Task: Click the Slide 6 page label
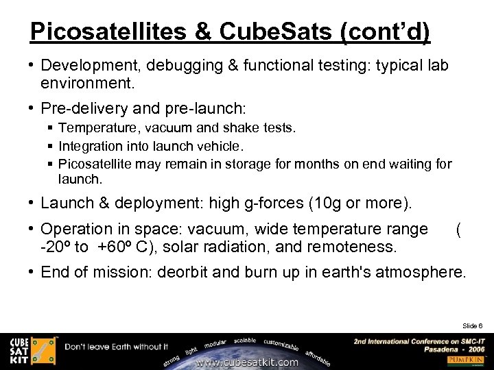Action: [472, 325]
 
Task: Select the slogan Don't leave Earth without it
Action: [117, 347]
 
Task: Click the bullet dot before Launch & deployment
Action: [33, 203]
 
